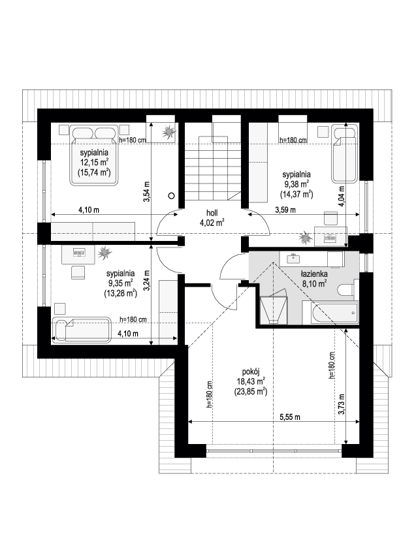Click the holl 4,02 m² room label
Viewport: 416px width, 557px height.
212,217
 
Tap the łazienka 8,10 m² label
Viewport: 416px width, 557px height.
314,278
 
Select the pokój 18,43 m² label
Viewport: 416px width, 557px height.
251,381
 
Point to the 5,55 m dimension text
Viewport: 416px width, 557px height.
290,417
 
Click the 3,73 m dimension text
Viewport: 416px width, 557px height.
342,404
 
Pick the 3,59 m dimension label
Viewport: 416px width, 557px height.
285,210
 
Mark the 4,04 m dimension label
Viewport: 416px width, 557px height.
342,197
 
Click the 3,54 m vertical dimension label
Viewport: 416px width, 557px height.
146,192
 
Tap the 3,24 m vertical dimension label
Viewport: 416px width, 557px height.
146,281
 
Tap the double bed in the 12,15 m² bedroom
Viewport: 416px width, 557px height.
94,155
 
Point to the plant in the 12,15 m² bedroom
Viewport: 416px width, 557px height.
168,132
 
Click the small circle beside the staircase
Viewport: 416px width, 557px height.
172,195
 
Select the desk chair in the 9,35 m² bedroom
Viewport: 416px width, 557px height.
78,272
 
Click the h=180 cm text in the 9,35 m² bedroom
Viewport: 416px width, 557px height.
133,319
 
